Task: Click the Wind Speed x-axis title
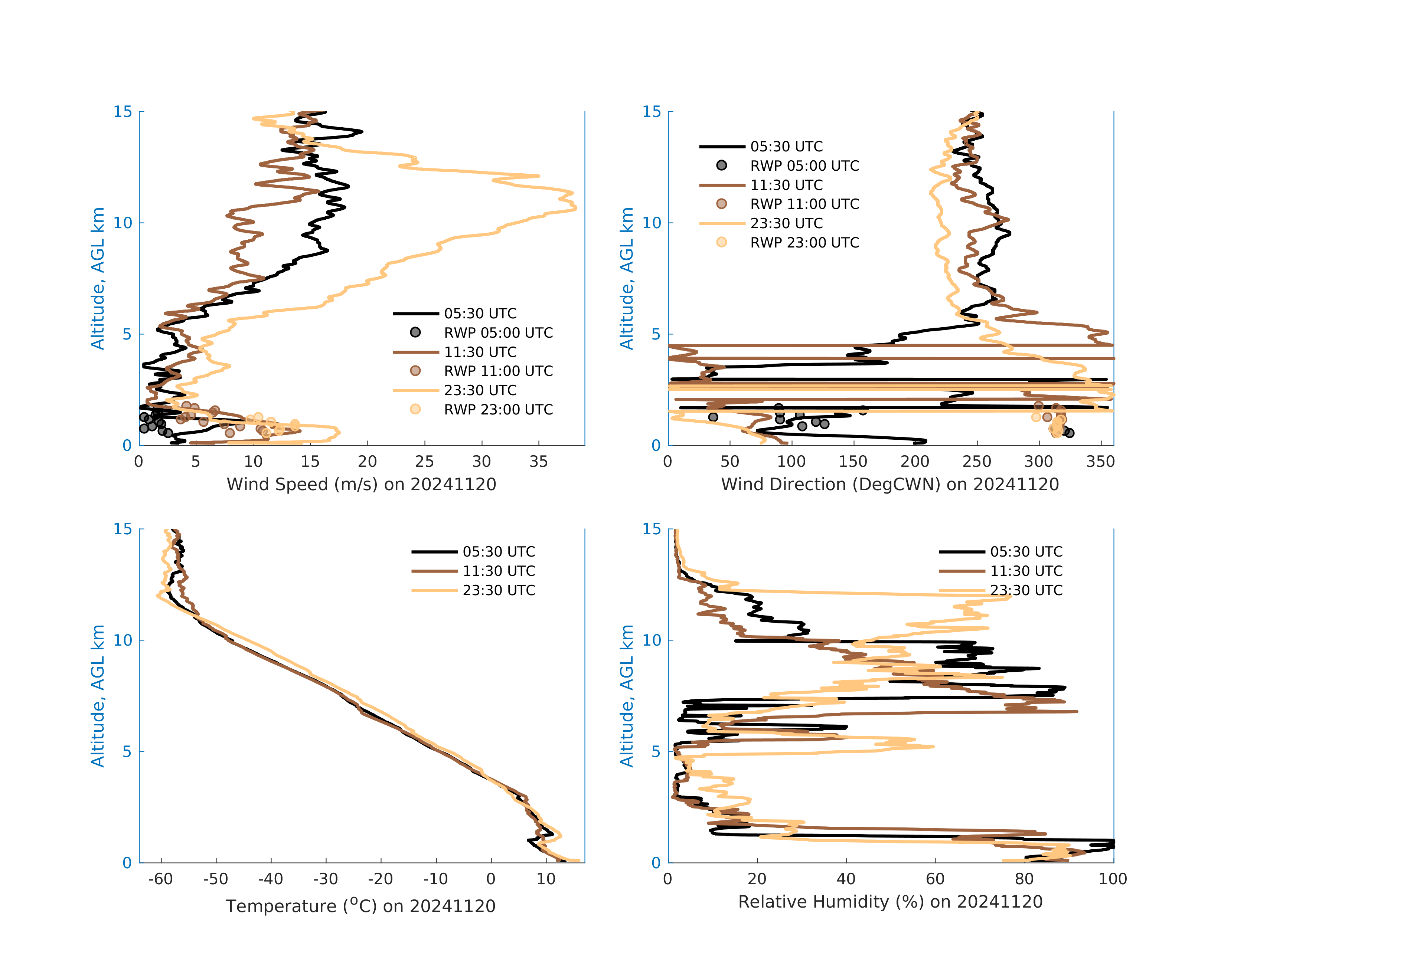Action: [x=361, y=484]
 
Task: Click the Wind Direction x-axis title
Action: [x=889, y=484]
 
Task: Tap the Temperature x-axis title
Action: [x=360, y=906]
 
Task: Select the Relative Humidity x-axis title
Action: [x=889, y=902]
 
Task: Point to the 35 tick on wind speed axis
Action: [x=538, y=462]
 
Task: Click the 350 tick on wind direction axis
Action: [x=1100, y=462]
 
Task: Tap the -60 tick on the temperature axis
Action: [x=161, y=879]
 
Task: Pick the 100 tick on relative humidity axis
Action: [x=1113, y=879]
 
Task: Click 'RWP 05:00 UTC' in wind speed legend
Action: [x=498, y=333]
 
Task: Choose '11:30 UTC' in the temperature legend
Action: [x=499, y=571]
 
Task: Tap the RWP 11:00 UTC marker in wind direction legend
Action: [x=722, y=204]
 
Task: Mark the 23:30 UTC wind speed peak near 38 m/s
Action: [x=575, y=209]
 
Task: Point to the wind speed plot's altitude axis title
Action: [x=98, y=278]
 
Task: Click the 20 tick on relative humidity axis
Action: [x=757, y=879]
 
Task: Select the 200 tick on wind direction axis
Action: [x=915, y=462]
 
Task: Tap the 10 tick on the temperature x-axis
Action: [x=546, y=879]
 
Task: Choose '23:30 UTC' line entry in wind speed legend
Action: [x=480, y=390]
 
